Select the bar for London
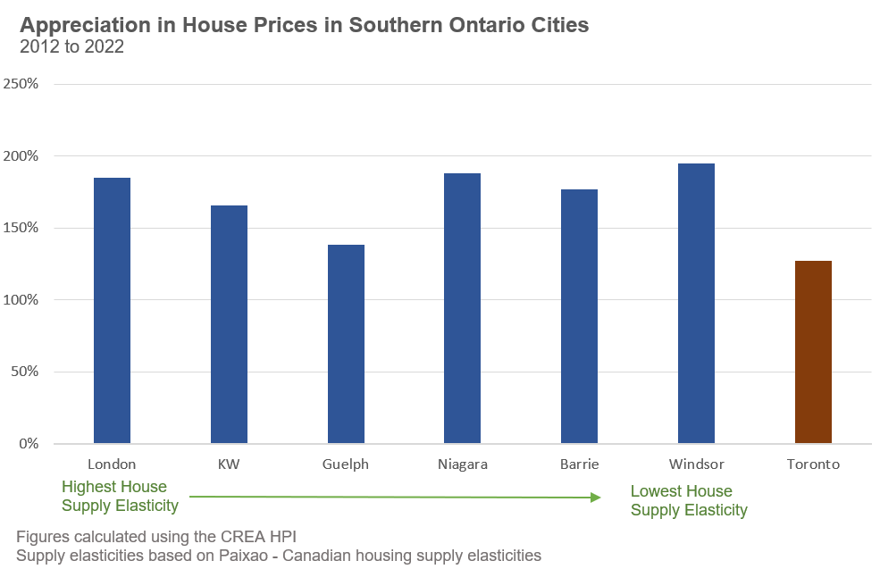(x=112, y=311)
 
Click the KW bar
(x=229, y=324)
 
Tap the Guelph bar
(x=346, y=344)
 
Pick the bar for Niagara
(x=462, y=308)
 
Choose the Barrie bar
(x=579, y=316)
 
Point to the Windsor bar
(x=696, y=304)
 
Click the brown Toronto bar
(x=813, y=352)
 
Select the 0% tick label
(x=29, y=444)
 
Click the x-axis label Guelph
(x=346, y=464)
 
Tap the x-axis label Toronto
(x=813, y=464)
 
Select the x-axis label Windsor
(x=696, y=464)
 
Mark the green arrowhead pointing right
(x=596, y=498)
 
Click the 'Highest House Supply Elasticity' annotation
(x=120, y=497)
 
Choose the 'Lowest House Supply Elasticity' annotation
(x=688, y=501)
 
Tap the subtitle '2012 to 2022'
(x=71, y=47)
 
